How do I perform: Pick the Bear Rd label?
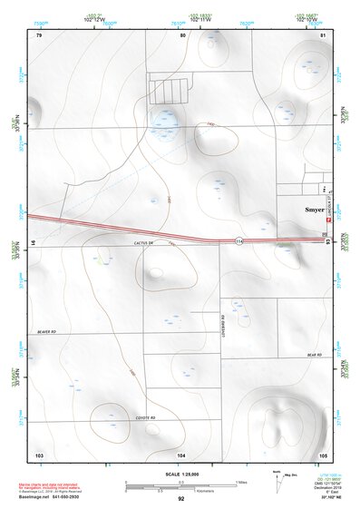click(x=314, y=355)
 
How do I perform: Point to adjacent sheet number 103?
click(x=39, y=454)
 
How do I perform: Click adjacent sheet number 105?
click(x=323, y=454)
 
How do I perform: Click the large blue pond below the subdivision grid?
click(x=164, y=120)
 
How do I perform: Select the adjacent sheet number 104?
click(x=181, y=454)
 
